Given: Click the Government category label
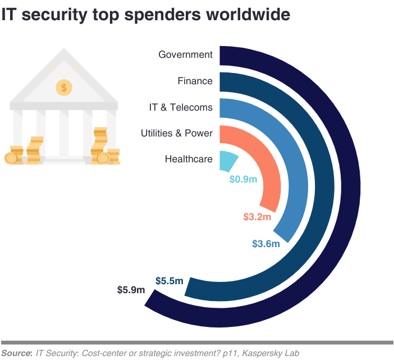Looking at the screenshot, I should [185, 54].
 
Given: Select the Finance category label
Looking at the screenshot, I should [195, 81].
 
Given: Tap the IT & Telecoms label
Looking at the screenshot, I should [181, 107].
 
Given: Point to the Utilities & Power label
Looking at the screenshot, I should [177, 133].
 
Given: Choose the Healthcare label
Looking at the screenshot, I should [189, 159].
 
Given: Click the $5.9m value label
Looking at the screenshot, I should [131, 290].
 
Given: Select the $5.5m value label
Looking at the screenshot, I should [169, 280].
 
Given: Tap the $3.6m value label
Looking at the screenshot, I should [265, 244].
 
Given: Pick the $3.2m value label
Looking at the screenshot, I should [257, 217].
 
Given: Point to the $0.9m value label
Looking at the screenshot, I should [243, 180].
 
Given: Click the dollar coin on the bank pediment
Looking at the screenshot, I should [64, 87].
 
